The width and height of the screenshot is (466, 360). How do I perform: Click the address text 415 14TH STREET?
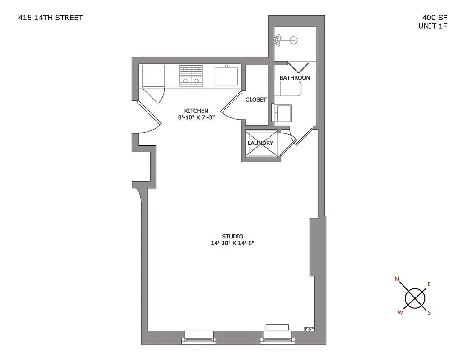pos(50,18)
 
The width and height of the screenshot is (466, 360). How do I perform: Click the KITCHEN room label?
pos(196,111)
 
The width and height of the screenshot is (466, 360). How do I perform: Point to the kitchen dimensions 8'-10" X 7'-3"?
pos(196,118)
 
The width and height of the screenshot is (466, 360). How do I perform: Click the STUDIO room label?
pos(233,236)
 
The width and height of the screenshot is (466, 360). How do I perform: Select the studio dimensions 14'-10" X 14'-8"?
pos(233,243)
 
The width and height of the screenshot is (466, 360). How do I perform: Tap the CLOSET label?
pos(256,99)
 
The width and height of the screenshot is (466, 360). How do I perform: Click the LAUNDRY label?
pos(260,143)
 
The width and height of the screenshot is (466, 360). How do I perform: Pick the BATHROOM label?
pos(295,78)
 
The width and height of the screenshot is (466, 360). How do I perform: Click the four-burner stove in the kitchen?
pos(191,75)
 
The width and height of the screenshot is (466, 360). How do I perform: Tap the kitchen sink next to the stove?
pos(227,76)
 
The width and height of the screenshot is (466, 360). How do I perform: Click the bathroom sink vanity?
pos(284,112)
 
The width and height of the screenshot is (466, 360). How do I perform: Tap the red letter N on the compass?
pos(397,279)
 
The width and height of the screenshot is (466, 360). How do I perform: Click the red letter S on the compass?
pos(429,313)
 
